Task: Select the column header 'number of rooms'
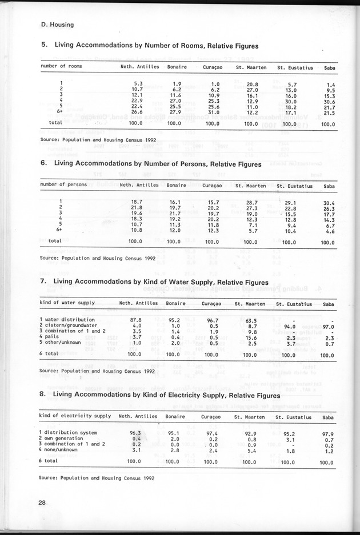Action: tap(61, 67)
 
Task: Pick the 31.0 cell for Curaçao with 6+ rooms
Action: tap(211, 112)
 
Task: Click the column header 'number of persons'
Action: tap(64, 185)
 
